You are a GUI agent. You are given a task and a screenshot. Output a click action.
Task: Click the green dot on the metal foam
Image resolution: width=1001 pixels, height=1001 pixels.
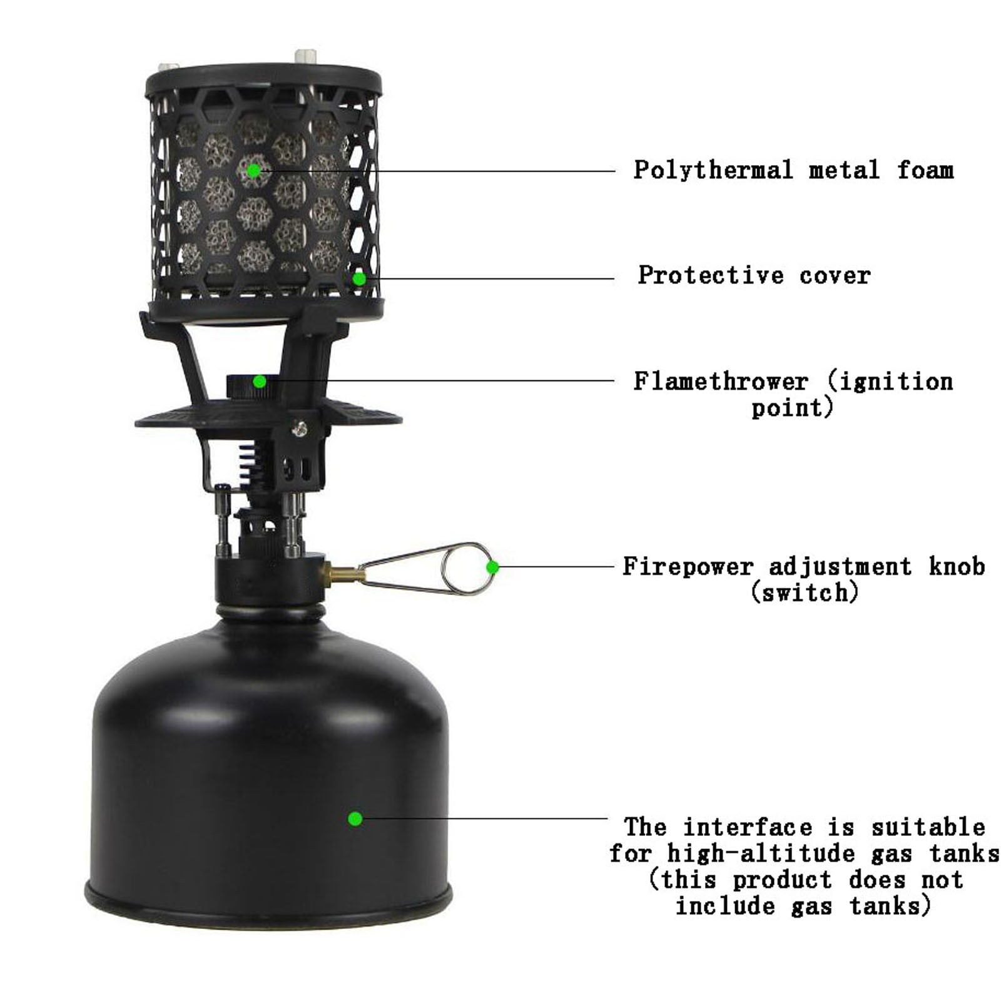(253, 170)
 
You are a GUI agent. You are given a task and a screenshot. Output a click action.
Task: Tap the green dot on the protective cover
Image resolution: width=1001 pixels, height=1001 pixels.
(359, 278)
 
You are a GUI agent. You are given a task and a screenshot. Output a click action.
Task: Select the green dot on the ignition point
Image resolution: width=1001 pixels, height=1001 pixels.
(260, 380)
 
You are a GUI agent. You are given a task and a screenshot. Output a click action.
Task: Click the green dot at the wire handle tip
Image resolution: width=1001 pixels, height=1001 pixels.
(492, 567)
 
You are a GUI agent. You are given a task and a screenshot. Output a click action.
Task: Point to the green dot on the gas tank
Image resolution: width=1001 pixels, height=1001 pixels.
(355, 818)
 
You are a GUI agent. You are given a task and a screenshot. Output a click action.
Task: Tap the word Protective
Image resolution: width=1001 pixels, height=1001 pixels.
(711, 275)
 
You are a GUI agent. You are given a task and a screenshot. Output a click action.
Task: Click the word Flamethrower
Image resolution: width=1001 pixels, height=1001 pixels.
(721, 381)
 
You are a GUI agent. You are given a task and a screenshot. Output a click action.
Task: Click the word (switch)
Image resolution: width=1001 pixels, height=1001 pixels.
(805, 592)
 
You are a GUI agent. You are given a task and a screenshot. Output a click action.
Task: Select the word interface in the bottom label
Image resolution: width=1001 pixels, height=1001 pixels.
(747, 827)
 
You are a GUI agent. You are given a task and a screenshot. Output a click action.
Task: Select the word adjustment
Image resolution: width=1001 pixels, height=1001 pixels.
(840, 567)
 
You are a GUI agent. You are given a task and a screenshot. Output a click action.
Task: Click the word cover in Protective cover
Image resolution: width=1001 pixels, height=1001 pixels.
(835, 276)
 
